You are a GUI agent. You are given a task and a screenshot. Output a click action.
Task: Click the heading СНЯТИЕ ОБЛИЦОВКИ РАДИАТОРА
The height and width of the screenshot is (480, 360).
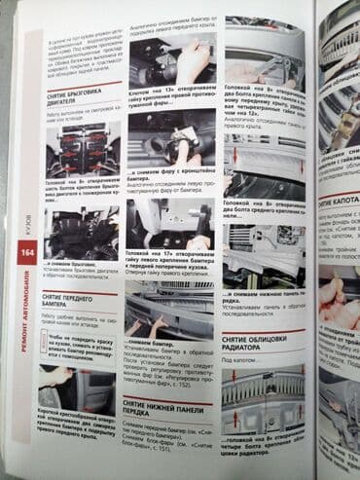[255, 338]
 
